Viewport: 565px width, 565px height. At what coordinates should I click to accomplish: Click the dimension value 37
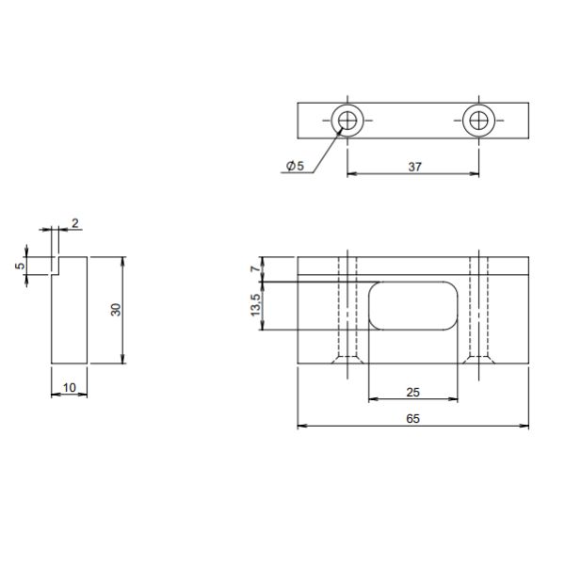(x=414, y=167)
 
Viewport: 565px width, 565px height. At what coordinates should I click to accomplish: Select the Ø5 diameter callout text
(x=295, y=166)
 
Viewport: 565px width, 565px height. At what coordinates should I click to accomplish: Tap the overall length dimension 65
(x=413, y=419)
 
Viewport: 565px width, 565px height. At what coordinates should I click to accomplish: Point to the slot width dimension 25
(x=413, y=392)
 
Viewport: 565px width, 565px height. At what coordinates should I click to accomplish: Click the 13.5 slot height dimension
(x=255, y=305)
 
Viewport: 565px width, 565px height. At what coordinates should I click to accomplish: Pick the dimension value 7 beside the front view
(x=255, y=268)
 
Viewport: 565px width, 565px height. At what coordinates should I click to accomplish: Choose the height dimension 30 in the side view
(x=116, y=310)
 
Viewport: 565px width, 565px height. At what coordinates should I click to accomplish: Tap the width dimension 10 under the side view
(x=70, y=388)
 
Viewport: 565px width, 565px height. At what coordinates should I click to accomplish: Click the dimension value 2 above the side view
(x=75, y=223)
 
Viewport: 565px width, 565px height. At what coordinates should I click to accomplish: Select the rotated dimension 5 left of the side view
(x=21, y=266)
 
